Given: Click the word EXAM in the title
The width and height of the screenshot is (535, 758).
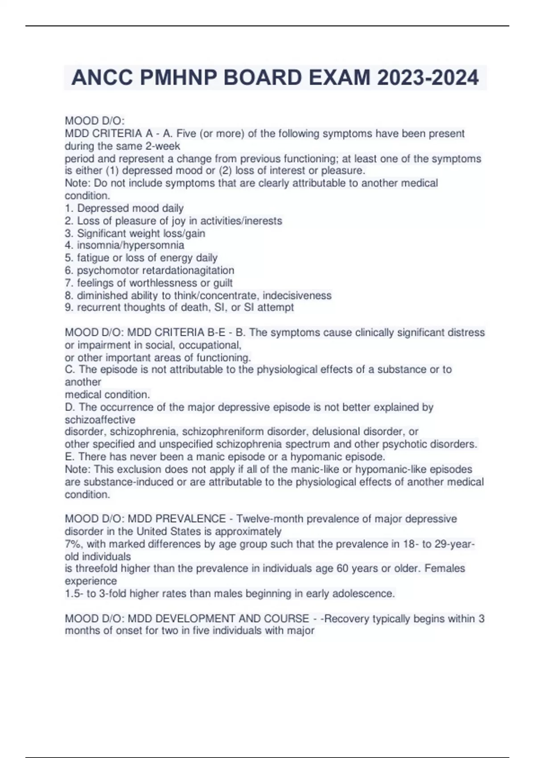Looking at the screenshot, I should pos(341,78).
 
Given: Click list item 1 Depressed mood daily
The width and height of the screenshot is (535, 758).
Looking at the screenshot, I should pos(124,208).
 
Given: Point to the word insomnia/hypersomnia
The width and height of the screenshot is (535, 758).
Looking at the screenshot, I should pos(131,245).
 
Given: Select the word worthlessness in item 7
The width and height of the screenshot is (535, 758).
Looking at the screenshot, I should pos(163,283).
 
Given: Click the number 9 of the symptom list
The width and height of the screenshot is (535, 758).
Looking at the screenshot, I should pos(68,308).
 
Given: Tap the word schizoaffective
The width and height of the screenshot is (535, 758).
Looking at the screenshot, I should pos(100,420).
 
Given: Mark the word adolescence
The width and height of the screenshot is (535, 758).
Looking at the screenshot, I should pos(363,593).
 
